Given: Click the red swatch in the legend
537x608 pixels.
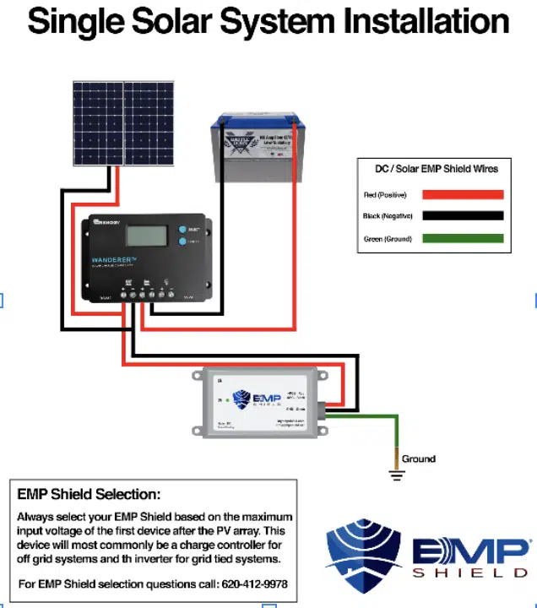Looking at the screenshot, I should tap(463, 194).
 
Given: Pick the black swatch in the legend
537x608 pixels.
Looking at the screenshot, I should tap(463, 216).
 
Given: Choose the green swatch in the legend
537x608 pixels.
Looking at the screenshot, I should tap(463, 238).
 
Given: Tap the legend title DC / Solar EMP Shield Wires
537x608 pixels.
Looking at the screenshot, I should tap(437, 169).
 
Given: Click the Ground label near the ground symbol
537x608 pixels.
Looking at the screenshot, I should tap(419, 459).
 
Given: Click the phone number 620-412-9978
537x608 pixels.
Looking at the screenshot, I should tap(255, 584).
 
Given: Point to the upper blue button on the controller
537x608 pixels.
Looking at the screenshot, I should tap(182, 229).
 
